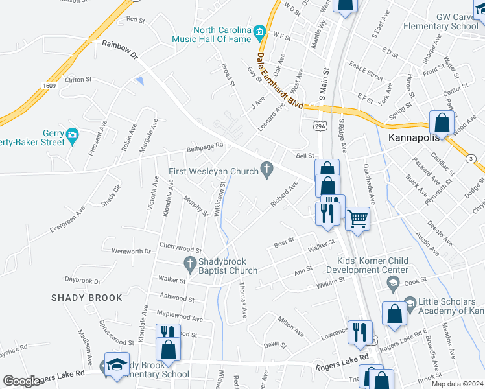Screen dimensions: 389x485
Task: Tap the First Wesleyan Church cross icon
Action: coord(266,169)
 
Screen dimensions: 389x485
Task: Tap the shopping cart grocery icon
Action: coord(357,218)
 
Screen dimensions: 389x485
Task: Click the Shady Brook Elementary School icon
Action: coord(117,364)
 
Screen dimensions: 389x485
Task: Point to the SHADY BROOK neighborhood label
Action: coord(87,298)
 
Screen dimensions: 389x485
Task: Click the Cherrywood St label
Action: coord(180,248)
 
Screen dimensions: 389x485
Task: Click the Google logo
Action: coord(22,381)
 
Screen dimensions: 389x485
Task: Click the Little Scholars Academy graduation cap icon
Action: coord(410,303)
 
